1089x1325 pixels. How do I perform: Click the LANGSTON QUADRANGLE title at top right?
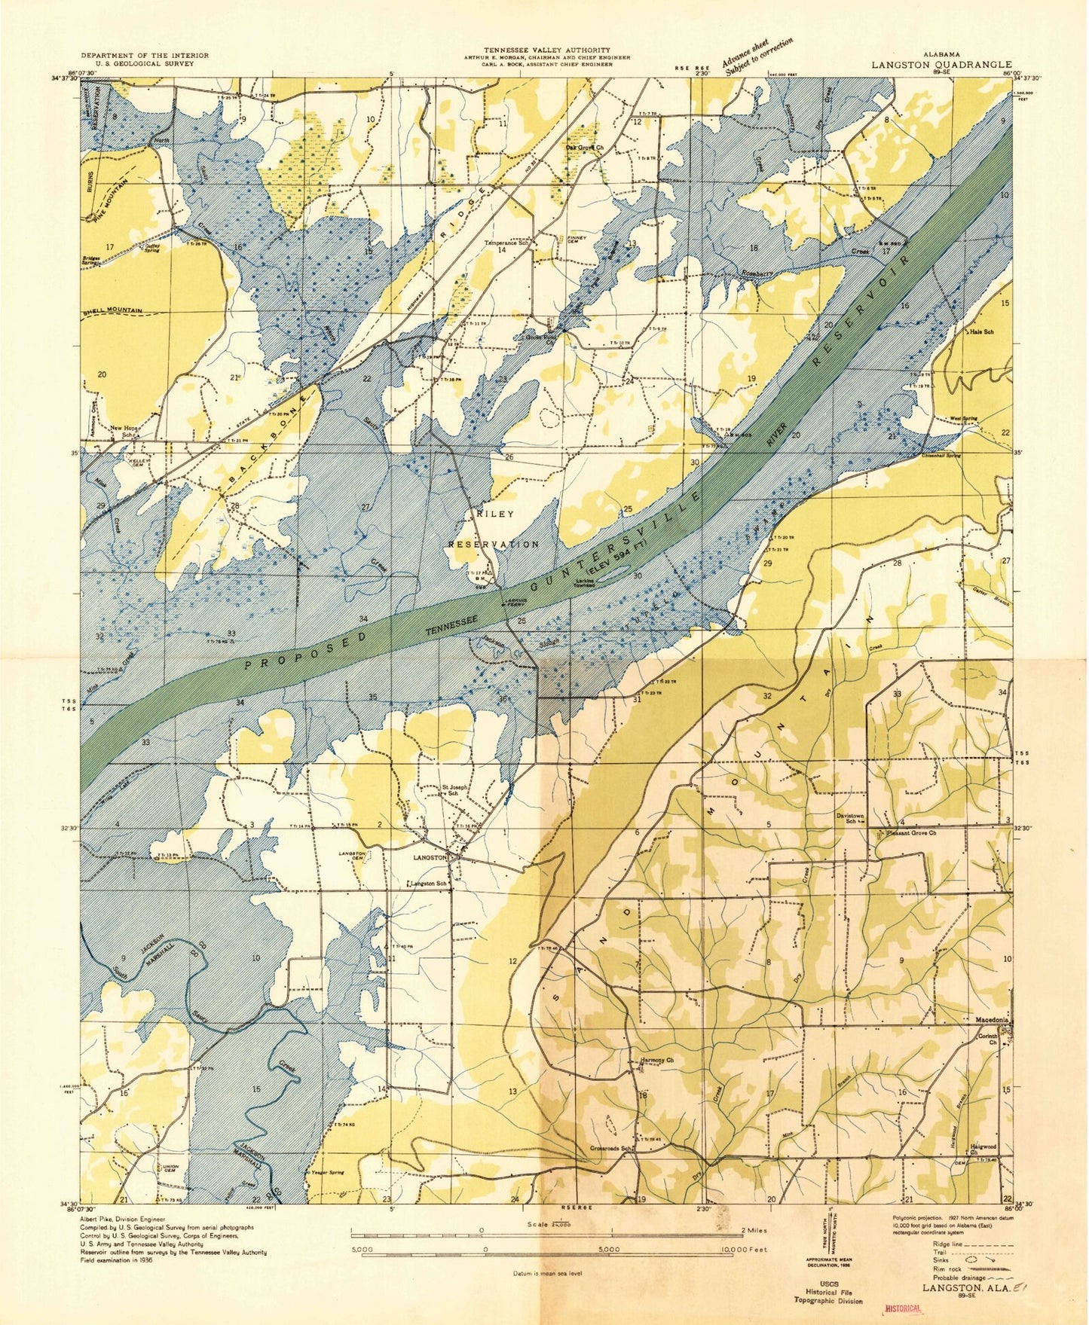[941, 65]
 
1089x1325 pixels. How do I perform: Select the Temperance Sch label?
[506, 243]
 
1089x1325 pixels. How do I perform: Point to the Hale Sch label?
[982, 331]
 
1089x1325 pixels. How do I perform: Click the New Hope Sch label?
[125, 432]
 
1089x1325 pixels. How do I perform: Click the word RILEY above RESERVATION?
[495, 514]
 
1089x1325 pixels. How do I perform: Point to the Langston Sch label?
[427, 883]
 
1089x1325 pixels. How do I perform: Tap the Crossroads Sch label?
[610, 1148]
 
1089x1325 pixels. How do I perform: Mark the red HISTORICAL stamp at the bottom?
[902, 1308]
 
